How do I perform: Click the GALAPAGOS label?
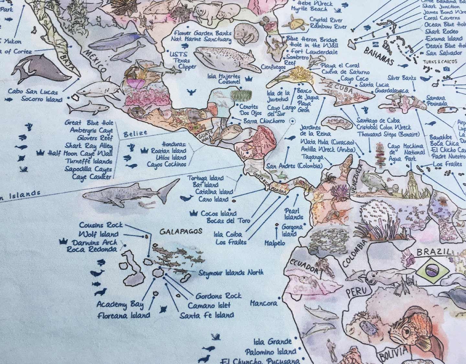pos(181,231)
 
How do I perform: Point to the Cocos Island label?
pos(219,214)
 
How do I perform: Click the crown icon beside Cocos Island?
pos(194,213)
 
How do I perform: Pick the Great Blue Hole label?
pos(89,123)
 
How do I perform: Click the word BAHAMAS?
pos(378,56)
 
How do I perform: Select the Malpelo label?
pos(275,243)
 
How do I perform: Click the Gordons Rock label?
pos(218,296)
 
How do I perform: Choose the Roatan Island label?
pos(168,151)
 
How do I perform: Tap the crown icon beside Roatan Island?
pos(144,150)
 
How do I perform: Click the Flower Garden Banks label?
pos(203,33)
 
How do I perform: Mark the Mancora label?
pos(263,303)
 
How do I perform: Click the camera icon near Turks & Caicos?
pos(447,69)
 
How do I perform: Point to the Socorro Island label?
pos(41,99)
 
